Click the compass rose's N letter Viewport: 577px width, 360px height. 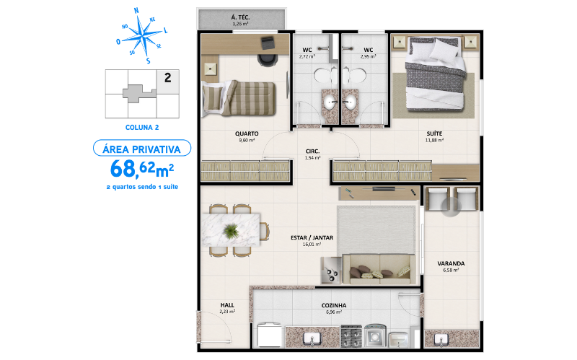tap(136, 11)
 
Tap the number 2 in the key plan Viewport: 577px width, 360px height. tap(167, 79)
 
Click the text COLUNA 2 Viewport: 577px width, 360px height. tap(141, 127)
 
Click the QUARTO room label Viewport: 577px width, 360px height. tap(246, 134)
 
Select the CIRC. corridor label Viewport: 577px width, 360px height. tap(312, 152)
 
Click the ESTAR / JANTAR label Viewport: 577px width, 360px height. tap(311, 237)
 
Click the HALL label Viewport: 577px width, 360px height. tap(226, 305)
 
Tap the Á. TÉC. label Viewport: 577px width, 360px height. tap(240, 18)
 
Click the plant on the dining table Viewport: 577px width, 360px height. tap(231, 231)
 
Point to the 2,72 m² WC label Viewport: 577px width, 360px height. tap(307, 53)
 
